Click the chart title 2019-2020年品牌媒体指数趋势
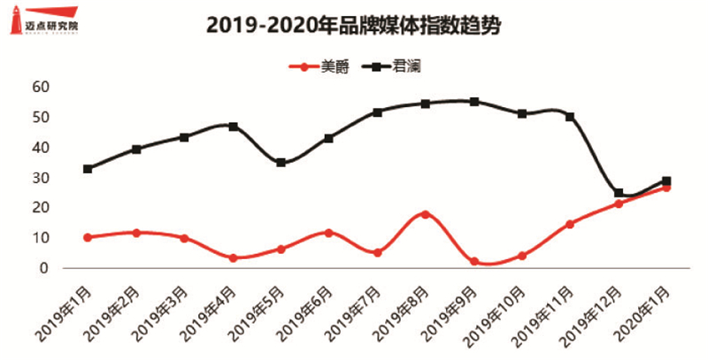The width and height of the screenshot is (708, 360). point(354,27)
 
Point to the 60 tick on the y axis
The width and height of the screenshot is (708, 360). point(40,87)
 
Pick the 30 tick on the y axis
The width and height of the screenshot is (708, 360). point(40,178)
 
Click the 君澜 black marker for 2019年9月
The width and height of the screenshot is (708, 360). point(474,102)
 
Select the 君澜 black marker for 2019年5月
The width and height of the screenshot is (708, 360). point(281,163)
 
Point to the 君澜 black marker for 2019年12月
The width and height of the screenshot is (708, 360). point(619,193)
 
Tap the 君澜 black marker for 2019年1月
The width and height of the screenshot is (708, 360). point(88,169)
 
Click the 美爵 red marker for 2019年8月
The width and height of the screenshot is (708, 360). point(426,214)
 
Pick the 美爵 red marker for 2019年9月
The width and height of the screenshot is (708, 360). point(474,262)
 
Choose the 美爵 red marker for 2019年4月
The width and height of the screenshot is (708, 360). point(233,258)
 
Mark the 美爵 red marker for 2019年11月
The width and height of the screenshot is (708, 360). point(570,224)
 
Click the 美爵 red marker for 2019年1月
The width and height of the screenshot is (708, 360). point(88,237)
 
